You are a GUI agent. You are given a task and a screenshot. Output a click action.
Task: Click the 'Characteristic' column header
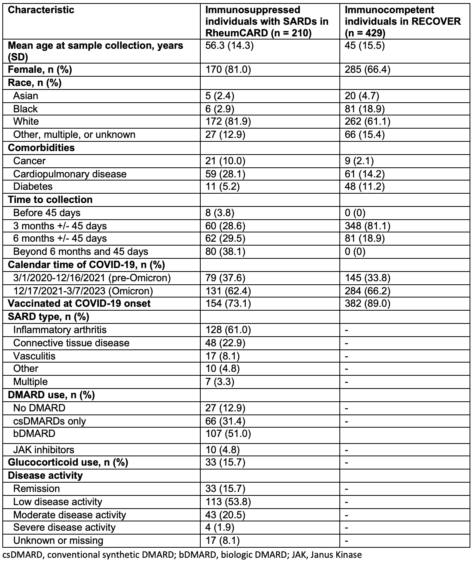click(x=41, y=10)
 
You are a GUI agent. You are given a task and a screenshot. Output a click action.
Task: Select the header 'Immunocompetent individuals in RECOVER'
click(x=403, y=21)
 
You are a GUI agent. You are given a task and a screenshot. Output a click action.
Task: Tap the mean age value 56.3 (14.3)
click(x=229, y=46)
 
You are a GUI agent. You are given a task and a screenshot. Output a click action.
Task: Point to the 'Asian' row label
click(x=26, y=96)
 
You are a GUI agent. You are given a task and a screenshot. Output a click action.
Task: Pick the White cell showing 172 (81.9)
click(x=228, y=122)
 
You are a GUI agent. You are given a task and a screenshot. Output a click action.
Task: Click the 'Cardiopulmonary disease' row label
click(x=70, y=174)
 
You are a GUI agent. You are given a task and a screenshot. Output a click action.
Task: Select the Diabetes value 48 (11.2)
click(x=365, y=187)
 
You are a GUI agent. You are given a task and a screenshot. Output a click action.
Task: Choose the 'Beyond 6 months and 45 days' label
click(x=81, y=252)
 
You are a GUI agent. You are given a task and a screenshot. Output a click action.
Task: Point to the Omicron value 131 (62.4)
click(x=228, y=291)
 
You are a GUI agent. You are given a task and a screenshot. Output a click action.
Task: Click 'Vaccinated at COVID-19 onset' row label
click(x=79, y=303)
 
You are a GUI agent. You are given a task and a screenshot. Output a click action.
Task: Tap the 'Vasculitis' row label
click(x=34, y=356)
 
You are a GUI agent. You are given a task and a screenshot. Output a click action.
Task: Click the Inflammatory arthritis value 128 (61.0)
click(x=228, y=330)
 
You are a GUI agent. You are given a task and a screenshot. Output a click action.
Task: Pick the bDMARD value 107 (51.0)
click(x=228, y=434)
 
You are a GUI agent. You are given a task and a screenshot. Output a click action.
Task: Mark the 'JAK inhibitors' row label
click(x=43, y=450)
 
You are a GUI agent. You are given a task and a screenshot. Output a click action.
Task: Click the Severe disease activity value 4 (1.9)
click(x=220, y=528)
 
